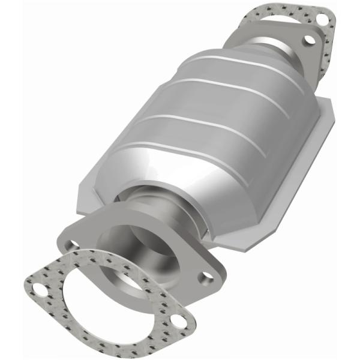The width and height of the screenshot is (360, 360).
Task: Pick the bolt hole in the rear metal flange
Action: tap(310, 40)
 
